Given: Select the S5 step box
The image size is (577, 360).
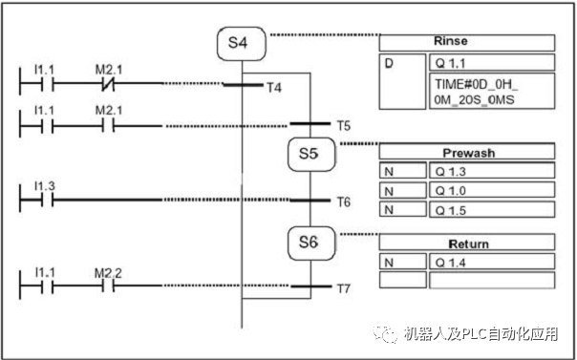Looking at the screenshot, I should click(308, 154).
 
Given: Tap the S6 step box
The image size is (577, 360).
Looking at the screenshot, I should click(308, 243).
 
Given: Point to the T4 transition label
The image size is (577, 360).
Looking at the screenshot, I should click(274, 88).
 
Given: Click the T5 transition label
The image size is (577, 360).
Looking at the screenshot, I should click(343, 125).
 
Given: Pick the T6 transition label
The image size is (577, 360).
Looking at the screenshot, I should click(343, 202).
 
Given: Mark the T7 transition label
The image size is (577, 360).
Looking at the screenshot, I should click(344, 287).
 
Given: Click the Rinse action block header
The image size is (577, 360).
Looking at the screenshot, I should click(467, 44).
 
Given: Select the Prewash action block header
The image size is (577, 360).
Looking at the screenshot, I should click(467, 152).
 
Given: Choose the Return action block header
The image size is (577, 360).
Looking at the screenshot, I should click(467, 244).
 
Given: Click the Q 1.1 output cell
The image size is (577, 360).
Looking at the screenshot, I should click(491, 63).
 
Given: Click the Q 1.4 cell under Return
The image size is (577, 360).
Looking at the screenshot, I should click(491, 262).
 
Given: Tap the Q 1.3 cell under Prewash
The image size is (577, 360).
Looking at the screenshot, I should click(491, 171).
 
